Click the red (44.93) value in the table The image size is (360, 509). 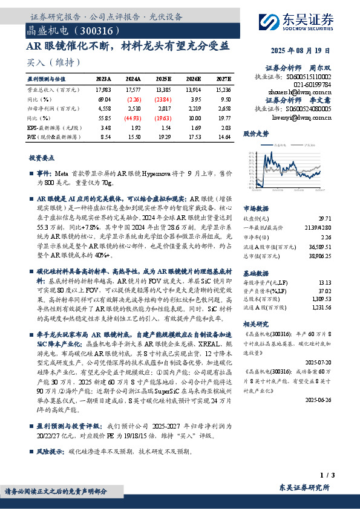point(134,118)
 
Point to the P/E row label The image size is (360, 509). point(31,138)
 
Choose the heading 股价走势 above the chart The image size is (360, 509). point(255,132)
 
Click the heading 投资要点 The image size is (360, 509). point(41,157)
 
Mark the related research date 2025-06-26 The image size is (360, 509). point(318,400)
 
